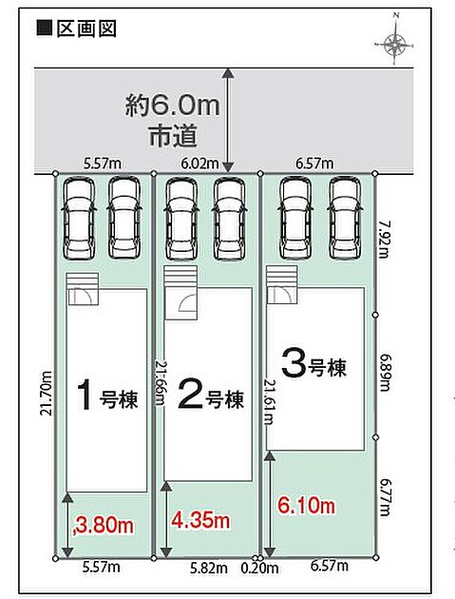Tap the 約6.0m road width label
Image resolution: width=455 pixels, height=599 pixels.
point(173,106)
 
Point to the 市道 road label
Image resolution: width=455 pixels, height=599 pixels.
point(173,136)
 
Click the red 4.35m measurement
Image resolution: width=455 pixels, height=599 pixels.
point(200,520)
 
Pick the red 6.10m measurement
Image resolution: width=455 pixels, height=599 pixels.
point(306,506)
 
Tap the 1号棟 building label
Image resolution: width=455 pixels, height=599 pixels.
point(107,396)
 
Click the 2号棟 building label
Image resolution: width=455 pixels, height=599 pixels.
point(211,396)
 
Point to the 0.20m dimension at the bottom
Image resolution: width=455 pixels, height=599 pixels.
point(259,568)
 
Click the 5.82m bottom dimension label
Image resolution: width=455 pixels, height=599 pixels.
point(209,568)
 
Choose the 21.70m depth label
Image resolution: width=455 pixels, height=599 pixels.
point(47,394)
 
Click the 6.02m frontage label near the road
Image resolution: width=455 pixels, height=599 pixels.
point(199,164)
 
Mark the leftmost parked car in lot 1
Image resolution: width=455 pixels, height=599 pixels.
point(79,219)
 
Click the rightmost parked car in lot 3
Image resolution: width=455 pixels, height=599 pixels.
point(345,218)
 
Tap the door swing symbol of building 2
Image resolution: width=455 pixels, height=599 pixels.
point(187,303)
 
